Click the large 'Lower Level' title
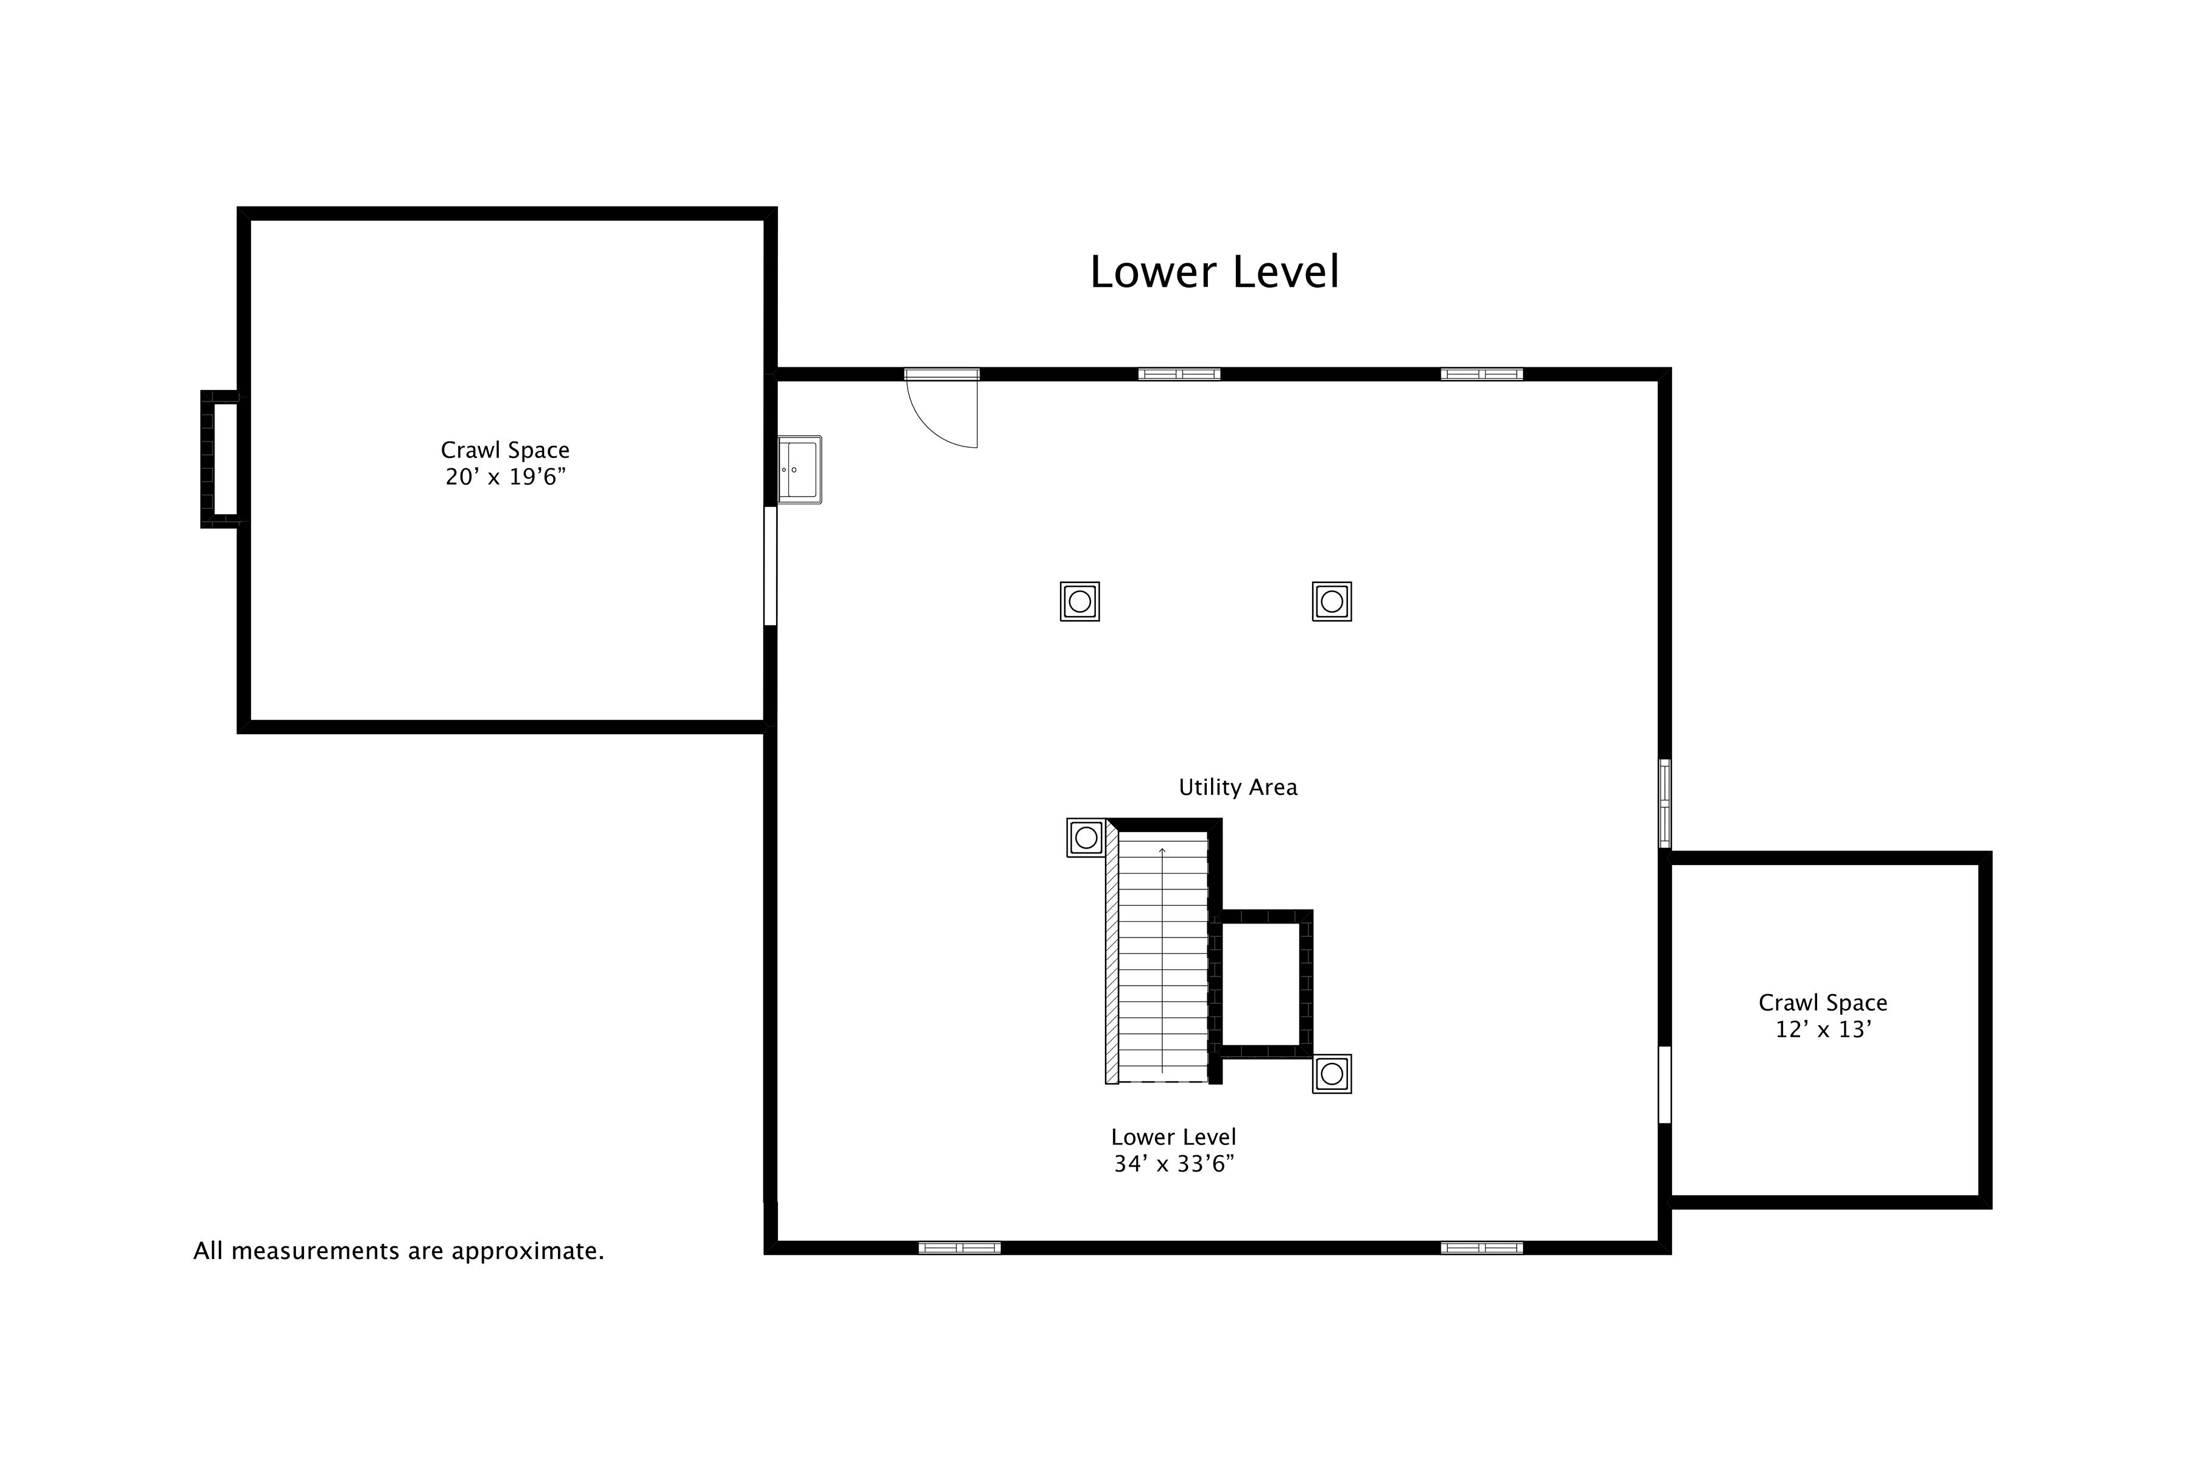coord(1214,272)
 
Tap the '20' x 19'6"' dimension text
coord(506,478)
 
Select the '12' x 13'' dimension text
coord(1823,1029)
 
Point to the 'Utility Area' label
coord(1237,788)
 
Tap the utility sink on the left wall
coord(799,470)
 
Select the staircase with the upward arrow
coord(1162,956)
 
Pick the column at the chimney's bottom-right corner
coord(1332,1074)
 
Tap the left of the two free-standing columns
coord(1079,601)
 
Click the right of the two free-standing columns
coord(1332,601)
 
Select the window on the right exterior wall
coord(1664,803)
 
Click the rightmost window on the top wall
coord(1481,374)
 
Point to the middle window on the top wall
coord(1179,374)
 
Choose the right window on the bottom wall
coord(1481,1248)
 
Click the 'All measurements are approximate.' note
coord(398,1251)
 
